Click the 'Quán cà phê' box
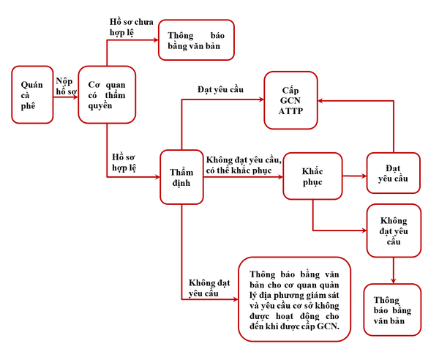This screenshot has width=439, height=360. [x=32, y=94]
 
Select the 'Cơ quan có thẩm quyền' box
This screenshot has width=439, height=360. [x=107, y=94]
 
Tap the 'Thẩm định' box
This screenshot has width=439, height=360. [x=181, y=177]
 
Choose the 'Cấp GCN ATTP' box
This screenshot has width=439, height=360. [x=290, y=100]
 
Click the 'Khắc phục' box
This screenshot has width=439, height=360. [x=312, y=176]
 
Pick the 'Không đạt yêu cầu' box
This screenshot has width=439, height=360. [x=394, y=230]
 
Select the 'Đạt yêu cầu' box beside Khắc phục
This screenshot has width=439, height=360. [x=393, y=173]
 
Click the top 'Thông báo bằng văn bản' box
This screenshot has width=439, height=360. [x=196, y=40]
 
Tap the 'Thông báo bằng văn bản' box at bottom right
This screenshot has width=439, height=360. [x=392, y=310]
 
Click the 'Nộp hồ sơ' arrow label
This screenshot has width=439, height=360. [x=66, y=86]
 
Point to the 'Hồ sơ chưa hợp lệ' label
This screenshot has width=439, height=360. [x=131, y=27]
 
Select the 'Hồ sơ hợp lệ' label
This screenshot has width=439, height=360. [x=124, y=162]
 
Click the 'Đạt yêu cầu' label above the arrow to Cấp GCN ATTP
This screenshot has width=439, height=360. [x=220, y=89]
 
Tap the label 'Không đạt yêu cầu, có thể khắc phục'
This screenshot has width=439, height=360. [x=244, y=165]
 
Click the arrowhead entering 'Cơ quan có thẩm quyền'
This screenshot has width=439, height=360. [x=75, y=97]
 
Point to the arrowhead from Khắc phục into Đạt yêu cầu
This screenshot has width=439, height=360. [x=364, y=176]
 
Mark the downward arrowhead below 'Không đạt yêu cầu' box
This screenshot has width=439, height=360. [x=394, y=281]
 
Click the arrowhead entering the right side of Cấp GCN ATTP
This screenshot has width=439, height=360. [x=321, y=101]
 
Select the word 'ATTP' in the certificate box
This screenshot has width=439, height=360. [x=290, y=111]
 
